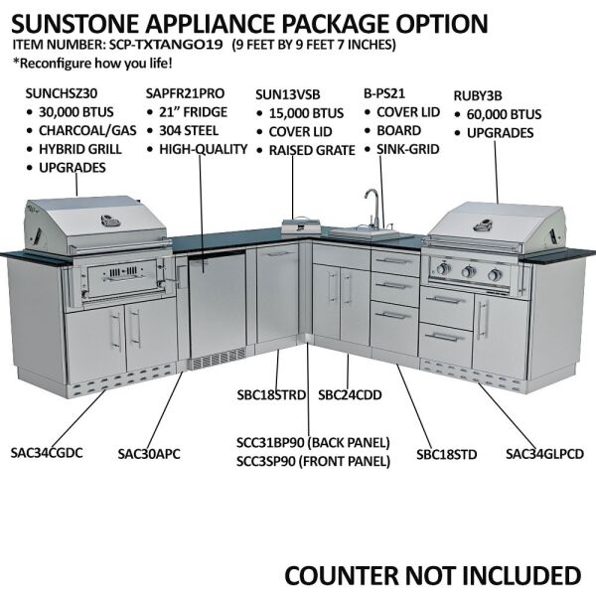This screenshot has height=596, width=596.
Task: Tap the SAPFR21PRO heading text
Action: (184, 91)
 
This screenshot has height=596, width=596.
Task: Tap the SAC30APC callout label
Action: (149, 454)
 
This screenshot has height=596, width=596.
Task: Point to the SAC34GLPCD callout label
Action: (544, 454)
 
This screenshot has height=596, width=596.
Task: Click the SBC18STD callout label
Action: (447, 454)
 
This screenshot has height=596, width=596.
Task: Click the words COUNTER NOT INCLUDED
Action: (432, 575)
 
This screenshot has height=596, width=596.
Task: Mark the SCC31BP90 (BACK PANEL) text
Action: (313, 441)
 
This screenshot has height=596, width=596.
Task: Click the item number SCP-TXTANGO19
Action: (167, 45)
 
